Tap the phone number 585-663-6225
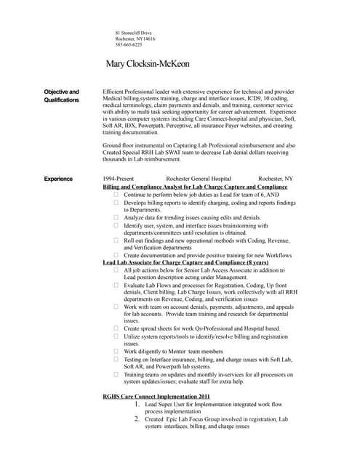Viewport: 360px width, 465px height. coord(129,45)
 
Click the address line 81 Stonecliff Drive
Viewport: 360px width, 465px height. coord(134,33)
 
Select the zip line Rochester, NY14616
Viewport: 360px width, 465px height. coord(135,39)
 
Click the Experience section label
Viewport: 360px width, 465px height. coord(58,178)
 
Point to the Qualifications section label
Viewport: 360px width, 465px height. coord(62,100)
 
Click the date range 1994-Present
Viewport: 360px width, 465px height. coord(119,178)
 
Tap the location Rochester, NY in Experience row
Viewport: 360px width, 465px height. coord(276,178)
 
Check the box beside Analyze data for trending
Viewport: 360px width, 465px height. coord(116,217)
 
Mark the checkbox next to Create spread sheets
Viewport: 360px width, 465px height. coord(116,328)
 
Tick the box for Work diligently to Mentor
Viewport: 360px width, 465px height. coord(116,352)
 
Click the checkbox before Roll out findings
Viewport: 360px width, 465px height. coord(116,240)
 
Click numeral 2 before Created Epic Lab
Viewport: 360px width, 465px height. coord(137,419)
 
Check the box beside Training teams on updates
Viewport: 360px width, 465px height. coord(116,374)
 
